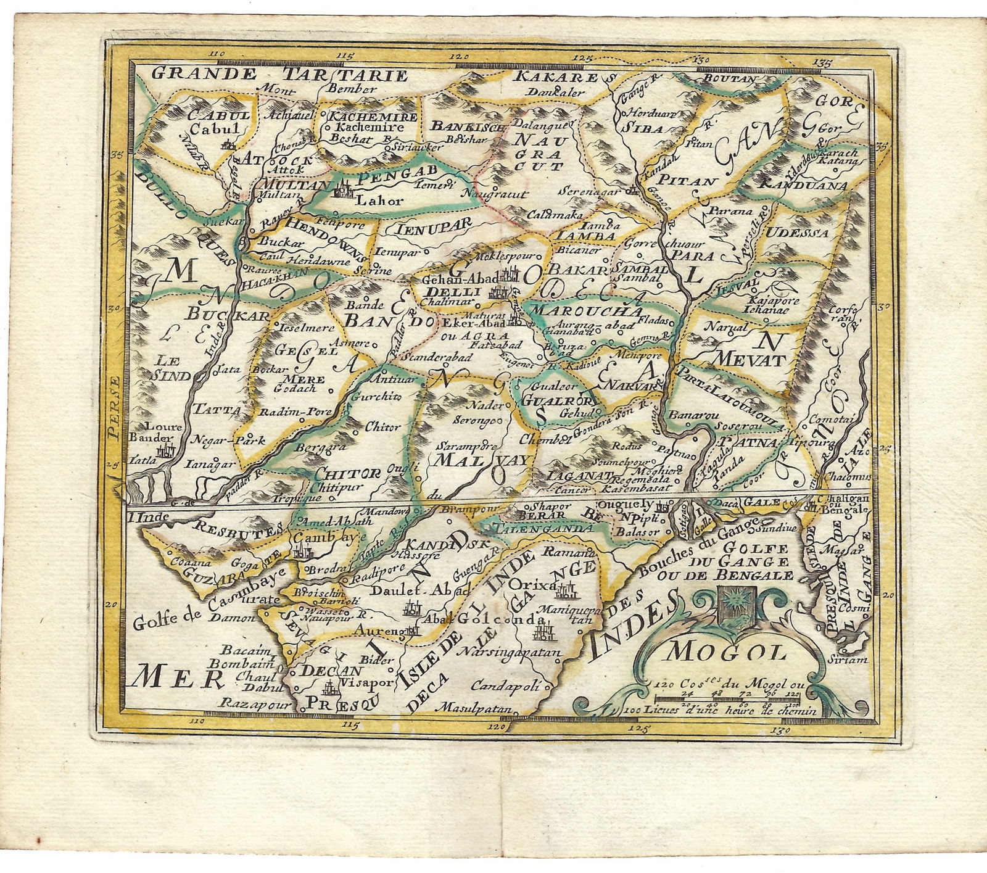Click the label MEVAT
[748, 359]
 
